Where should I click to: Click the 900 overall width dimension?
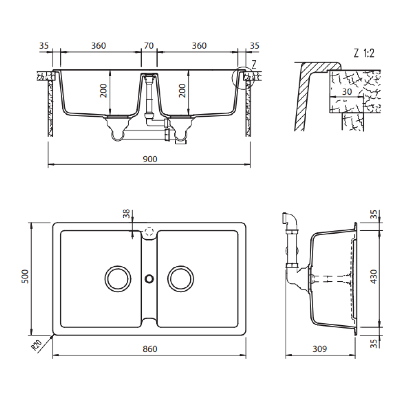(x=150, y=159)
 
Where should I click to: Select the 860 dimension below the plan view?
(x=150, y=349)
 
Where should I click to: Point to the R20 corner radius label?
(x=36, y=345)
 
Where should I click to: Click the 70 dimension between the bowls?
(x=149, y=46)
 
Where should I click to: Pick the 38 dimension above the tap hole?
(x=127, y=213)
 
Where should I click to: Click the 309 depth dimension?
(x=320, y=349)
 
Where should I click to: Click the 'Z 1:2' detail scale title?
(x=364, y=53)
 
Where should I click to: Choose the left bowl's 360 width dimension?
(x=99, y=46)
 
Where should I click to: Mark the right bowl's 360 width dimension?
(x=199, y=46)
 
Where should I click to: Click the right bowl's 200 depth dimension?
(x=182, y=91)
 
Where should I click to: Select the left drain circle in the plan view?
(x=118, y=278)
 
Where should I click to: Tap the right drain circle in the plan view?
(x=180, y=278)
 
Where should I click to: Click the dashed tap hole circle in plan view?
(x=149, y=231)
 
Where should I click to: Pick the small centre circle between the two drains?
(x=149, y=278)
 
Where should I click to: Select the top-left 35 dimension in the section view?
(x=44, y=46)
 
